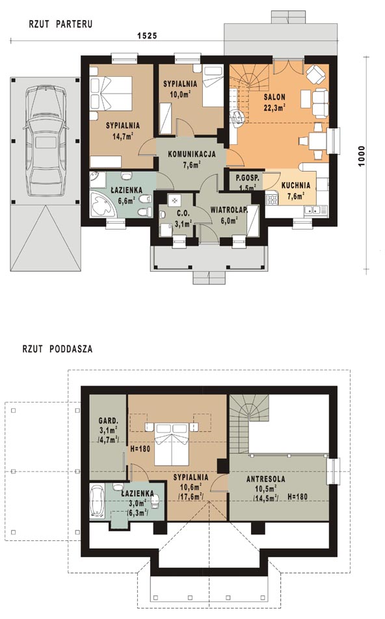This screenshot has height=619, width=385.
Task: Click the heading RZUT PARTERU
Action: click(x=60, y=24)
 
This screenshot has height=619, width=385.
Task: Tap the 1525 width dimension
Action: click(x=147, y=36)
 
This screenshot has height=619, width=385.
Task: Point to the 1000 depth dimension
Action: click(x=362, y=157)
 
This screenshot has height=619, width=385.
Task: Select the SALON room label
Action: click(x=275, y=97)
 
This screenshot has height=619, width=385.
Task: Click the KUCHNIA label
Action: click(x=296, y=185)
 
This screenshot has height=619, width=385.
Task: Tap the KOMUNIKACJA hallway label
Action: click(x=192, y=154)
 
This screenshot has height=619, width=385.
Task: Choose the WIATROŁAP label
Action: click(x=229, y=209)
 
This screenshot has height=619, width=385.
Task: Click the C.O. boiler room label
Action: click(x=183, y=213)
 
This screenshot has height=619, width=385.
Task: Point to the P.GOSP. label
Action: click(x=248, y=178)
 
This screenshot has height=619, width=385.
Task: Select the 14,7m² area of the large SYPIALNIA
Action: click(x=122, y=137)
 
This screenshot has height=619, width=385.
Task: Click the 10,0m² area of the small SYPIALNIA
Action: click(x=178, y=94)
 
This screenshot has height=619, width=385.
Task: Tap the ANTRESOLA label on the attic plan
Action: click(x=266, y=479)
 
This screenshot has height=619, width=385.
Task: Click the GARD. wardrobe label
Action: click(x=108, y=420)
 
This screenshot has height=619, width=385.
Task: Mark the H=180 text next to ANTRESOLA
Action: click(x=298, y=497)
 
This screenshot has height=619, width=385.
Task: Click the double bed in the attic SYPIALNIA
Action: click(x=172, y=444)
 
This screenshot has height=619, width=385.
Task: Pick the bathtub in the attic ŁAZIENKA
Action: click(x=97, y=502)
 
